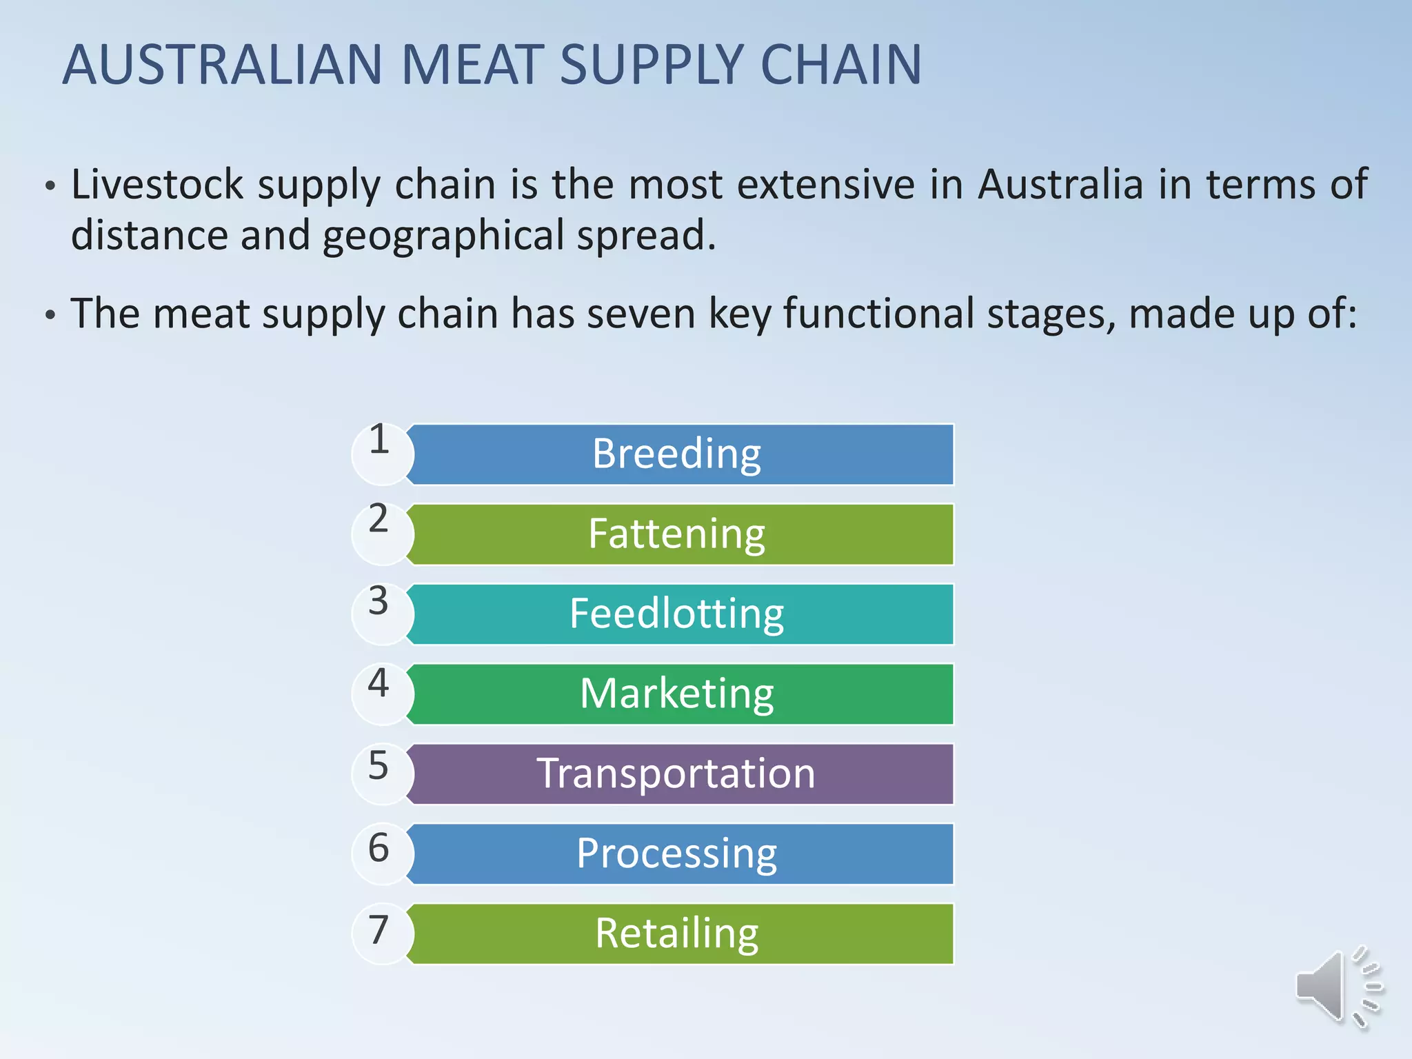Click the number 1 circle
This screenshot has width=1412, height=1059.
(381, 453)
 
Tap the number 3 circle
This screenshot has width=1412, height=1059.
(381, 613)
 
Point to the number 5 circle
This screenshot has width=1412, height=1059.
(381, 773)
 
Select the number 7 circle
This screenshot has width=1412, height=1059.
(381, 933)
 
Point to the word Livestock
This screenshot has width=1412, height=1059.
(157, 185)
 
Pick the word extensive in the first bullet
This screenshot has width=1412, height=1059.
(826, 185)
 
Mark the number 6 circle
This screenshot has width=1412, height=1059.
(381, 853)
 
